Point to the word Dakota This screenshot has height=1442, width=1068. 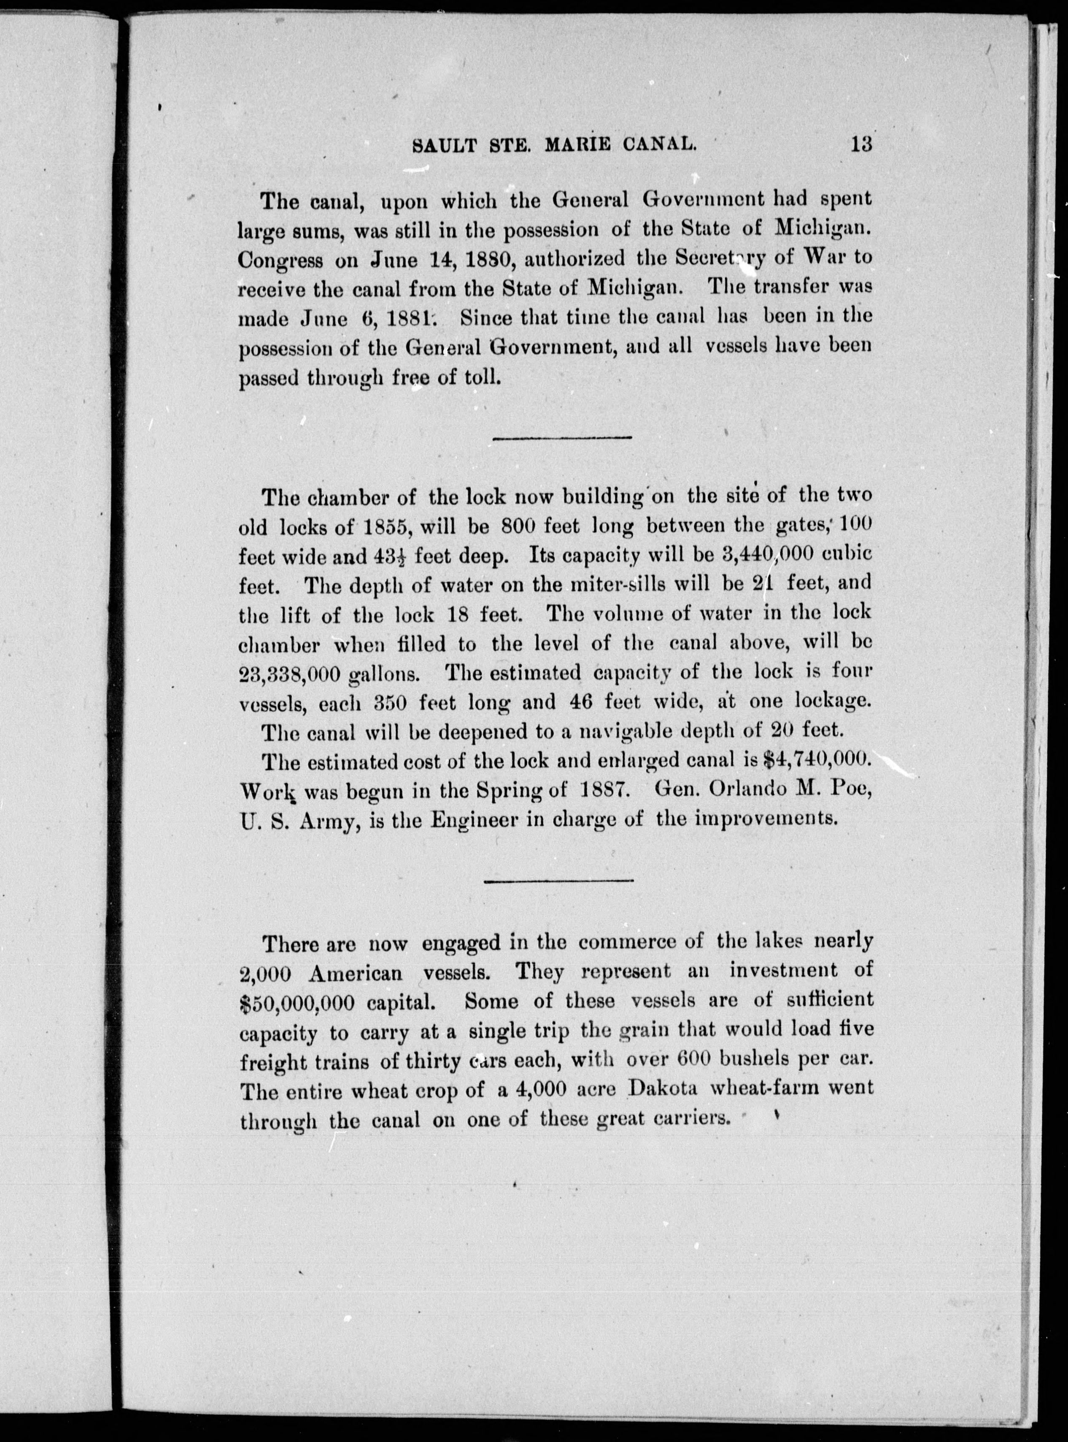tap(666, 1088)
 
